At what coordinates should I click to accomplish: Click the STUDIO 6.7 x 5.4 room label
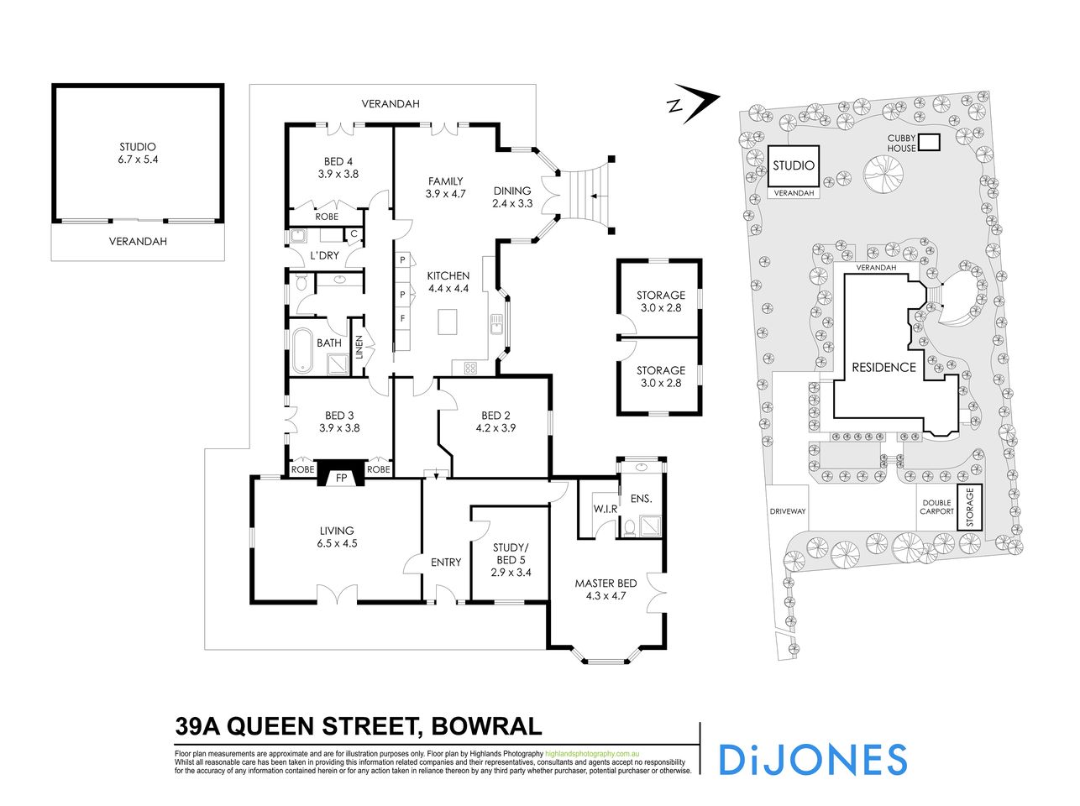[138, 154]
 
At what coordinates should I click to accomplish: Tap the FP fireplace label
[342, 478]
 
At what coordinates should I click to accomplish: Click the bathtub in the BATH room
[301, 351]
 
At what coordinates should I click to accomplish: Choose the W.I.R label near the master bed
[606, 509]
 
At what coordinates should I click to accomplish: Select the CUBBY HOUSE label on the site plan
[901, 144]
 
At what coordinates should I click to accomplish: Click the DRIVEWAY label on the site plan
[788, 511]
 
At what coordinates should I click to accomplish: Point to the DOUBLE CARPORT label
[936, 506]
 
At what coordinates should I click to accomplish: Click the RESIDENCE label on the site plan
[883, 367]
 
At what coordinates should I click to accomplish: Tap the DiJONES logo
[813, 759]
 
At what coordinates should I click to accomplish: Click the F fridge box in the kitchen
[403, 319]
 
